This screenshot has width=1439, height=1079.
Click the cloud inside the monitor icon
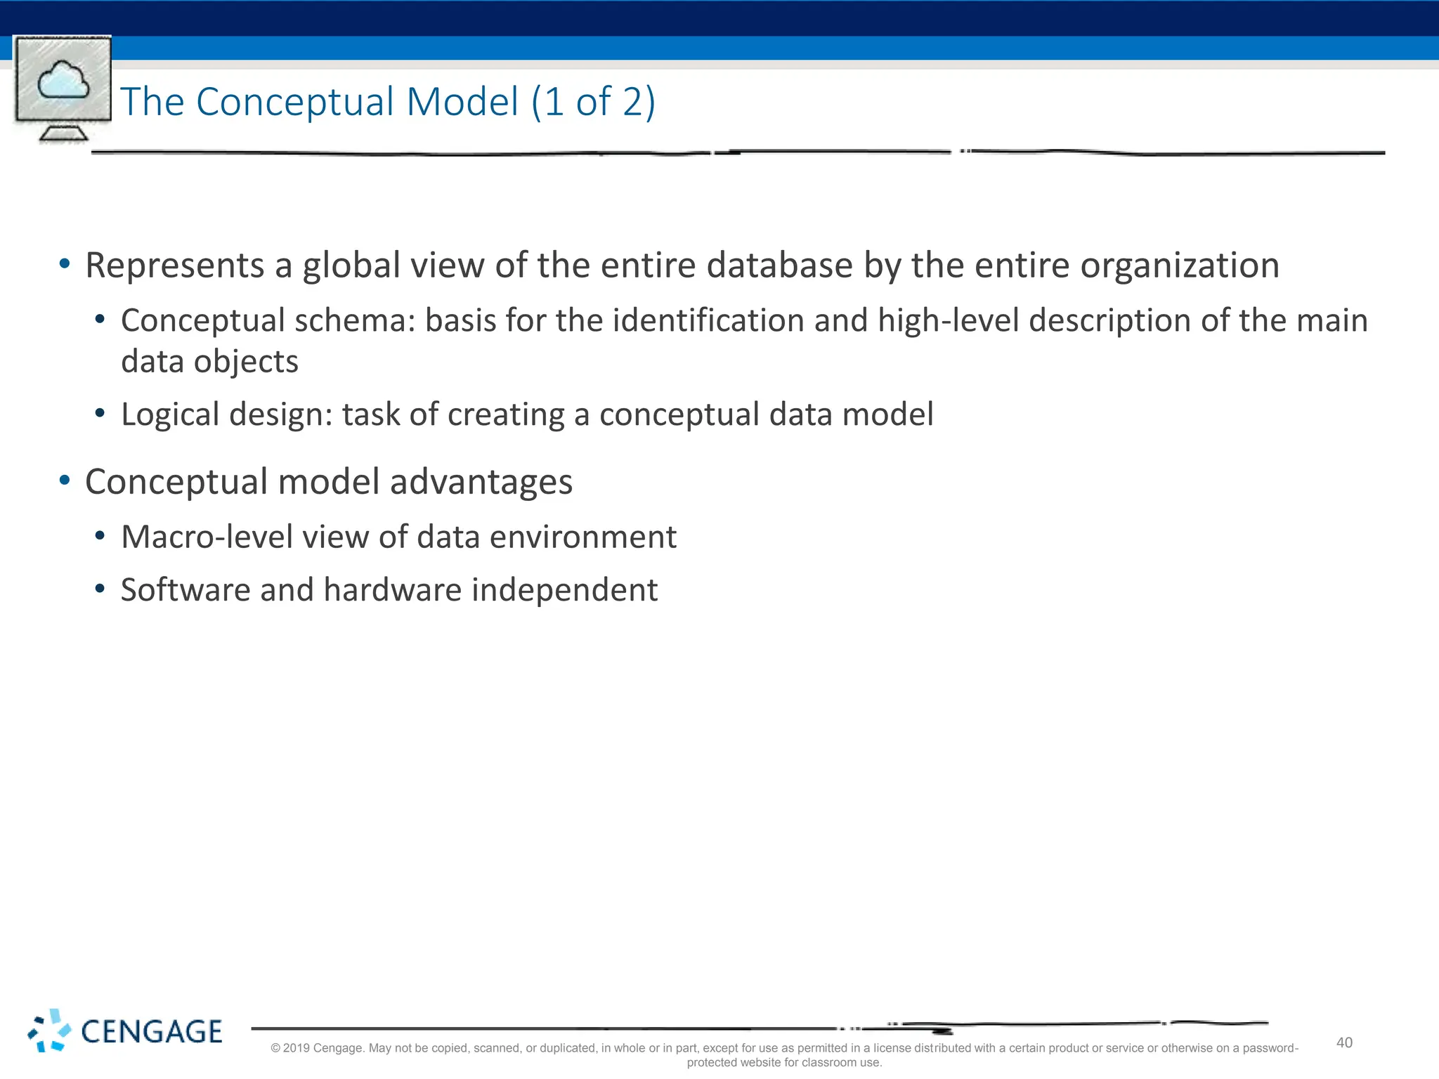[x=63, y=81]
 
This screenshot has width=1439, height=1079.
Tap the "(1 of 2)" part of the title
[x=593, y=102]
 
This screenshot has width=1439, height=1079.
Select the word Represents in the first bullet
[x=174, y=266]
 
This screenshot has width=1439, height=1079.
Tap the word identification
[x=708, y=321]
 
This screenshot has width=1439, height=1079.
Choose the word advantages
[x=481, y=483]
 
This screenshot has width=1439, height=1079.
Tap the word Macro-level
[x=207, y=537]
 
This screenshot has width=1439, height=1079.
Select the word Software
[x=185, y=590]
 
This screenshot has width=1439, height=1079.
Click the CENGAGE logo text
[x=151, y=1032]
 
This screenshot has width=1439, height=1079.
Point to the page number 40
[x=1344, y=1042]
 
